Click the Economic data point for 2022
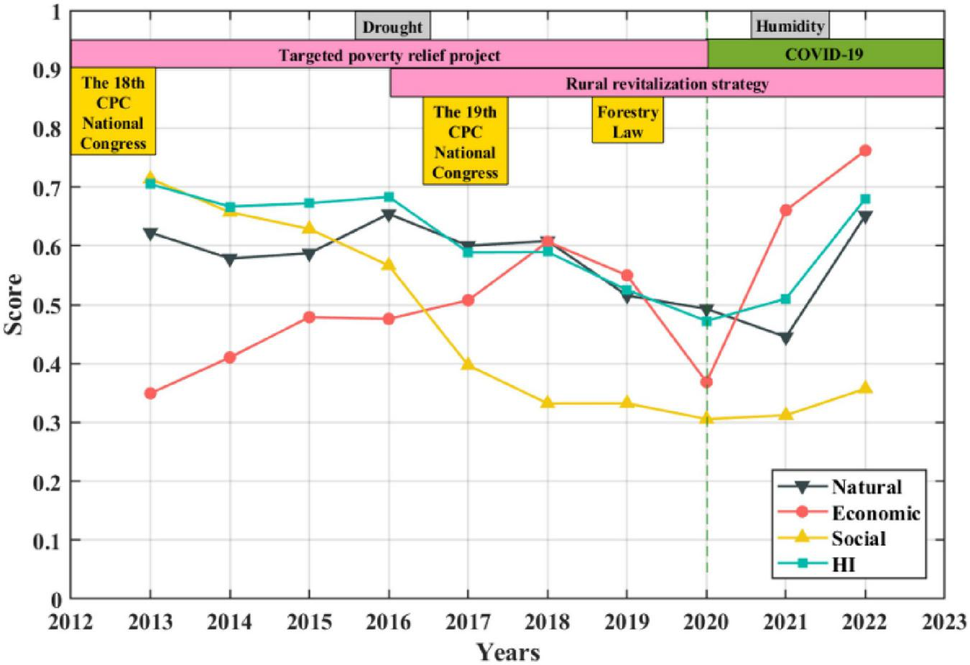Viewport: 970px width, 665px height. tap(865, 151)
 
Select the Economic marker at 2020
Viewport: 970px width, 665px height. tap(706, 382)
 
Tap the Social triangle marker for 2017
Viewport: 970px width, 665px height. tap(468, 364)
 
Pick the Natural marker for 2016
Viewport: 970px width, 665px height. tap(389, 215)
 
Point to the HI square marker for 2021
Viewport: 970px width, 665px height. tap(785, 299)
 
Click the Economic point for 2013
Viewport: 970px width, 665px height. tap(150, 394)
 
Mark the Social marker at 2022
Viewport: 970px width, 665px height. tap(865, 388)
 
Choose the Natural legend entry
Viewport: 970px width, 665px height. tap(849, 487)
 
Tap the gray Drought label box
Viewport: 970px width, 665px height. tap(392, 27)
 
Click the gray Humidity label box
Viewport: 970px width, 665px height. tap(790, 27)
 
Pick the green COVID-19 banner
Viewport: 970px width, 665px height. tap(825, 55)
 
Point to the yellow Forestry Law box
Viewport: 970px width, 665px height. tap(627, 122)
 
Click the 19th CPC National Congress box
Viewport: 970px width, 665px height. tap(465, 142)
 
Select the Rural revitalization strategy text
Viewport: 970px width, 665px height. tap(667, 84)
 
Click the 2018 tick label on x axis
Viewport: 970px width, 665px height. tap(547, 622)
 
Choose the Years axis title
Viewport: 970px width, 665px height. tap(508, 652)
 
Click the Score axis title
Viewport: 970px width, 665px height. tap(14, 304)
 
